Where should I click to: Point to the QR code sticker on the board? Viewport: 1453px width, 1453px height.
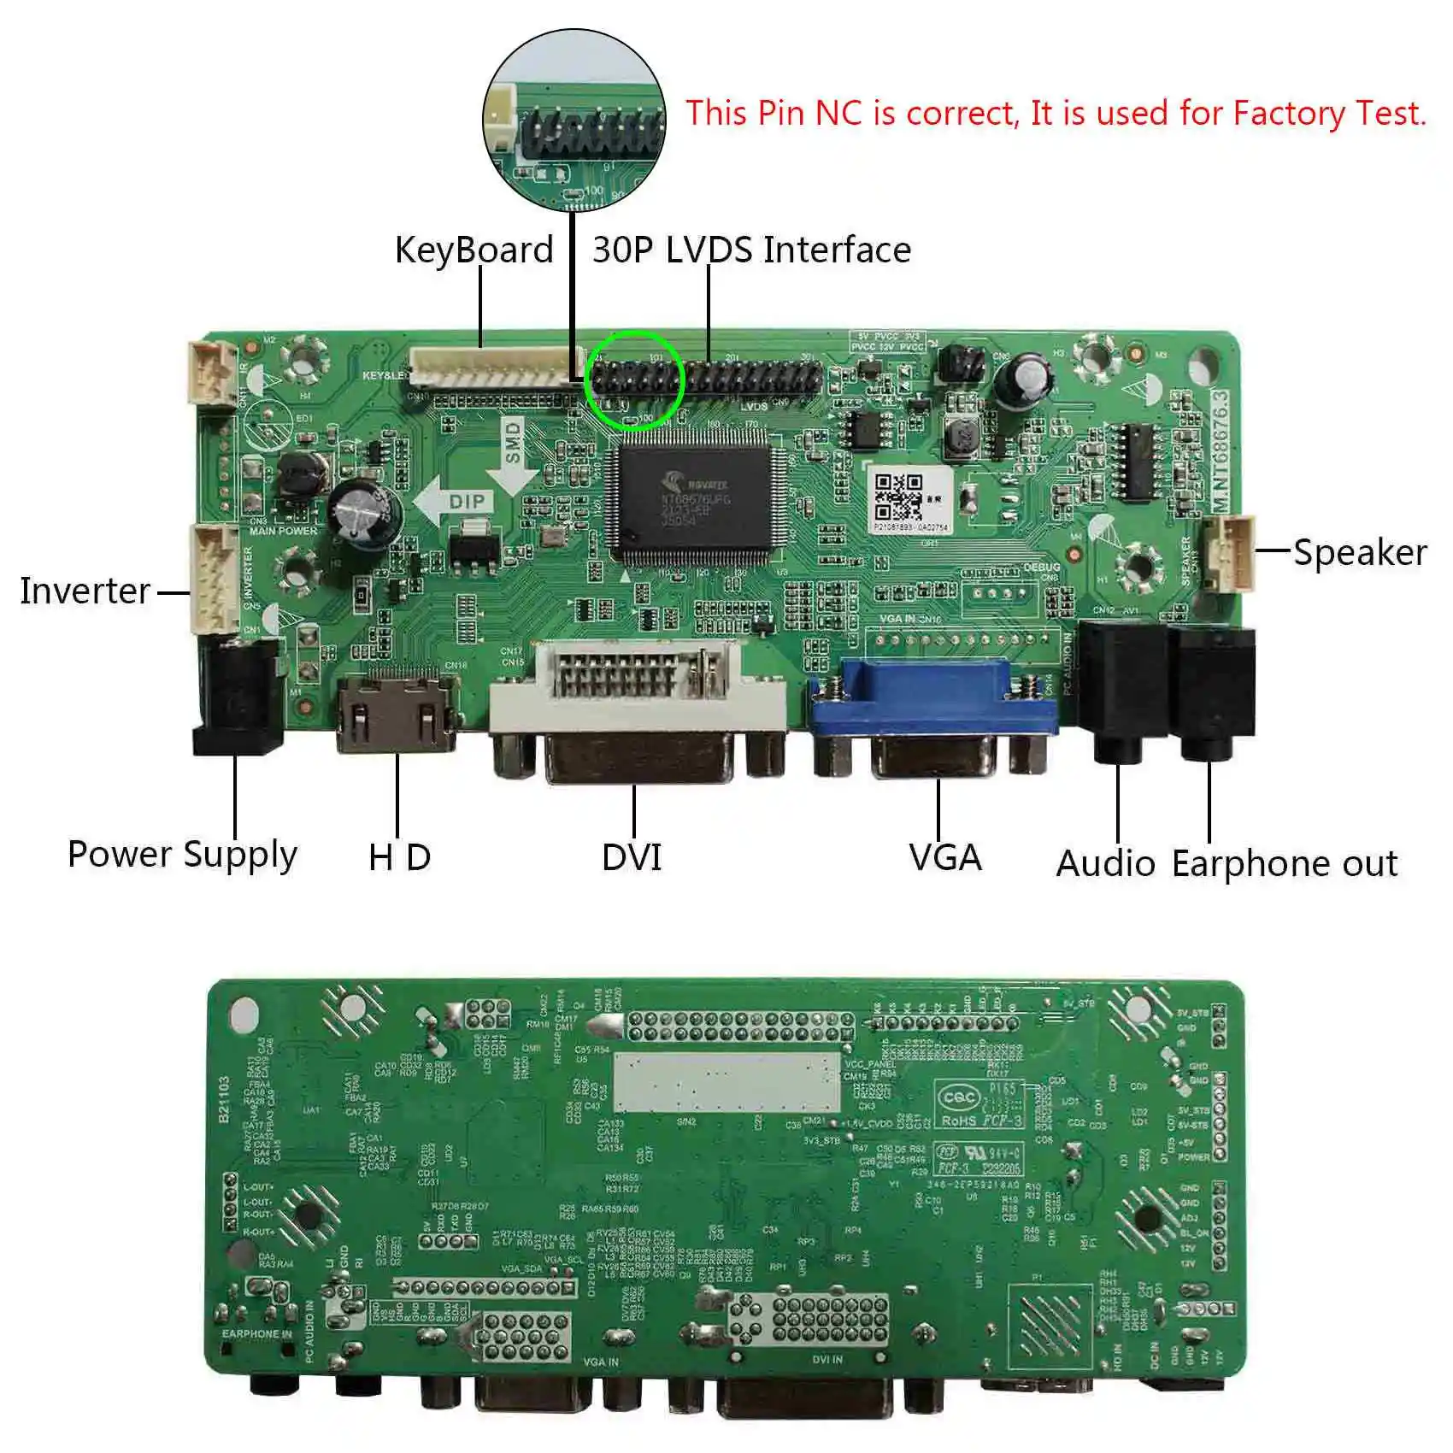[897, 498]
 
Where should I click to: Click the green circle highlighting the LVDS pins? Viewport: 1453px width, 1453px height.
[634, 379]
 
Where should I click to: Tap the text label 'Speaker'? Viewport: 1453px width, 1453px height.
[1359, 552]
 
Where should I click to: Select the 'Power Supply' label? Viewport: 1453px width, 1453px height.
[182, 855]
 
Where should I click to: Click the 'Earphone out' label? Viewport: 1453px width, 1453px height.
[1284, 863]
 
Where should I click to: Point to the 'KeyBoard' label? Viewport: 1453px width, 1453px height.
[474, 250]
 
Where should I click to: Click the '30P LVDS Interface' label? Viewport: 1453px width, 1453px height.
[751, 250]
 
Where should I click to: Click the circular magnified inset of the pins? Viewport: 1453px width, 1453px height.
[574, 120]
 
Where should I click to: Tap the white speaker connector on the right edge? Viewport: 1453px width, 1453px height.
[1229, 554]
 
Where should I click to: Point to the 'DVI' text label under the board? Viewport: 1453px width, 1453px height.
[632, 857]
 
